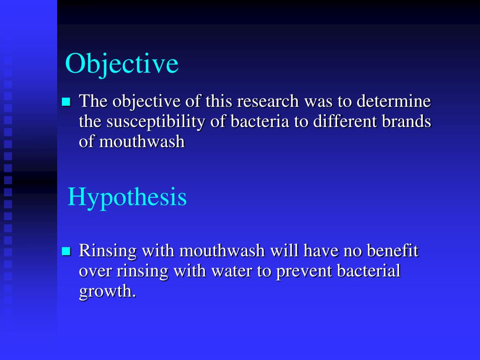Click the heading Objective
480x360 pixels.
tap(122, 64)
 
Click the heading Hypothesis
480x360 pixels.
tap(127, 197)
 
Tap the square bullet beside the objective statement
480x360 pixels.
tap(66, 102)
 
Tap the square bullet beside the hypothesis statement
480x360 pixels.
tap(66, 252)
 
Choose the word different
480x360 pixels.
tap(343, 121)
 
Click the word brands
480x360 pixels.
tap(407, 121)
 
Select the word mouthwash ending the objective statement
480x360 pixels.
tap(142, 142)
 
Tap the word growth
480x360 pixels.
tap(107, 292)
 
